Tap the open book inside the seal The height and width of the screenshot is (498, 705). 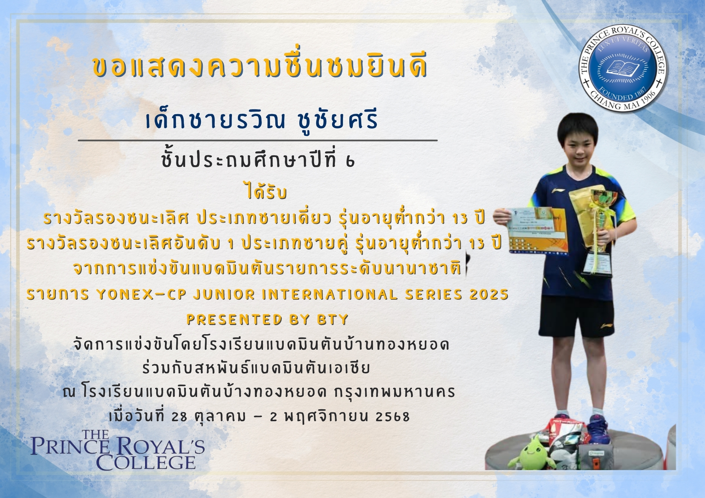[x=623, y=68]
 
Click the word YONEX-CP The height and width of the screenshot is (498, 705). [x=141, y=294]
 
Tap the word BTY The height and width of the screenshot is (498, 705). [x=332, y=319]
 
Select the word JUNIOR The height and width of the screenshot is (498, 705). [x=224, y=294]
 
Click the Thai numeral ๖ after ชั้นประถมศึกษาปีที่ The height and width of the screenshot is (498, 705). [x=350, y=161]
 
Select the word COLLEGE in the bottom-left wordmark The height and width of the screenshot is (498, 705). [x=146, y=462]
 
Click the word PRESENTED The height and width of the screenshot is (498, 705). [x=234, y=319]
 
